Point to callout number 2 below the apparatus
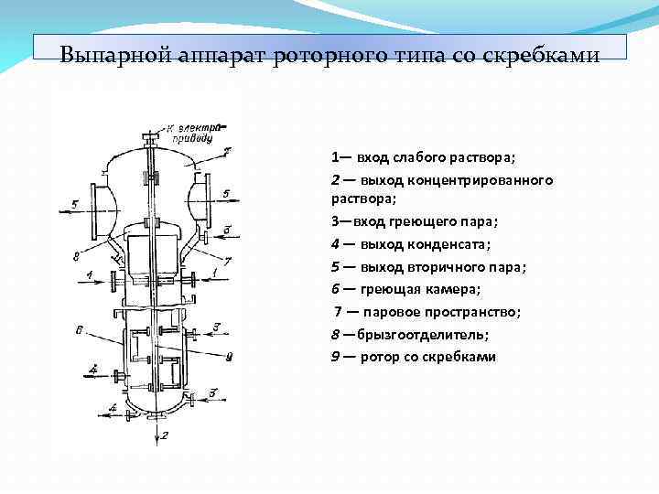tap(165, 435)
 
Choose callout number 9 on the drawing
tap(229, 355)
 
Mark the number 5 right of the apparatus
tap(226, 193)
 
